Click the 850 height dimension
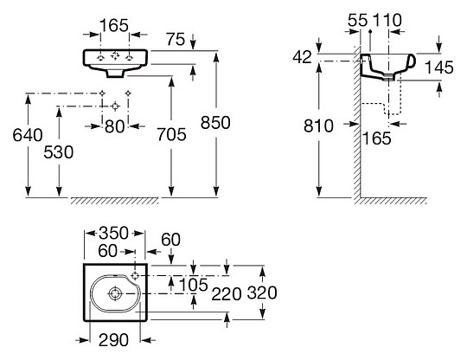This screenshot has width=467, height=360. pyautogui.click(x=215, y=123)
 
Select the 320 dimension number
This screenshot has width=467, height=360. pyautogui.click(x=261, y=292)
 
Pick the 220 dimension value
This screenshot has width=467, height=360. pyautogui.click(x=225, y=292)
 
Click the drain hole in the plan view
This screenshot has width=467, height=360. pyautogui.click(x=115, y=292)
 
